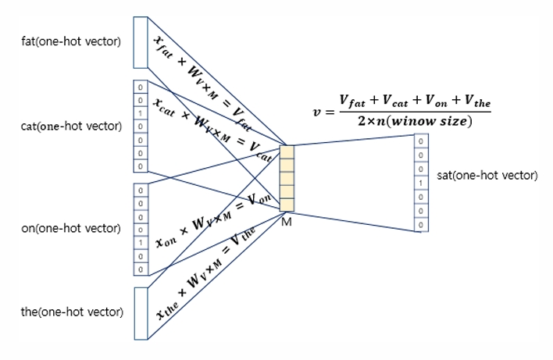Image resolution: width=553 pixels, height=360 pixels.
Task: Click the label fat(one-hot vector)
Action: tap(71, 41)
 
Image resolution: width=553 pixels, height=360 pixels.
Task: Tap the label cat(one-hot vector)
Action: tap(71, 127)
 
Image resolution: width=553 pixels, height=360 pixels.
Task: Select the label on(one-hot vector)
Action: tap(71, 229)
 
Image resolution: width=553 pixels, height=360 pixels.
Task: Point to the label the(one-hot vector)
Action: tap(72, 312)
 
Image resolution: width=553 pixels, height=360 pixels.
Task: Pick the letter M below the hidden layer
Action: tap(287, 222)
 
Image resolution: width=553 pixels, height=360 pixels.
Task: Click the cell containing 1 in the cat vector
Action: tap(140, 113)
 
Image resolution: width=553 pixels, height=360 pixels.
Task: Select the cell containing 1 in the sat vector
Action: tap(421, 183)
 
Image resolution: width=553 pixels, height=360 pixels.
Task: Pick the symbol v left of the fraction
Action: tap(316, 112)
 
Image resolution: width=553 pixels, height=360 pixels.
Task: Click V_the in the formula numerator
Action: tap(475, 102)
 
